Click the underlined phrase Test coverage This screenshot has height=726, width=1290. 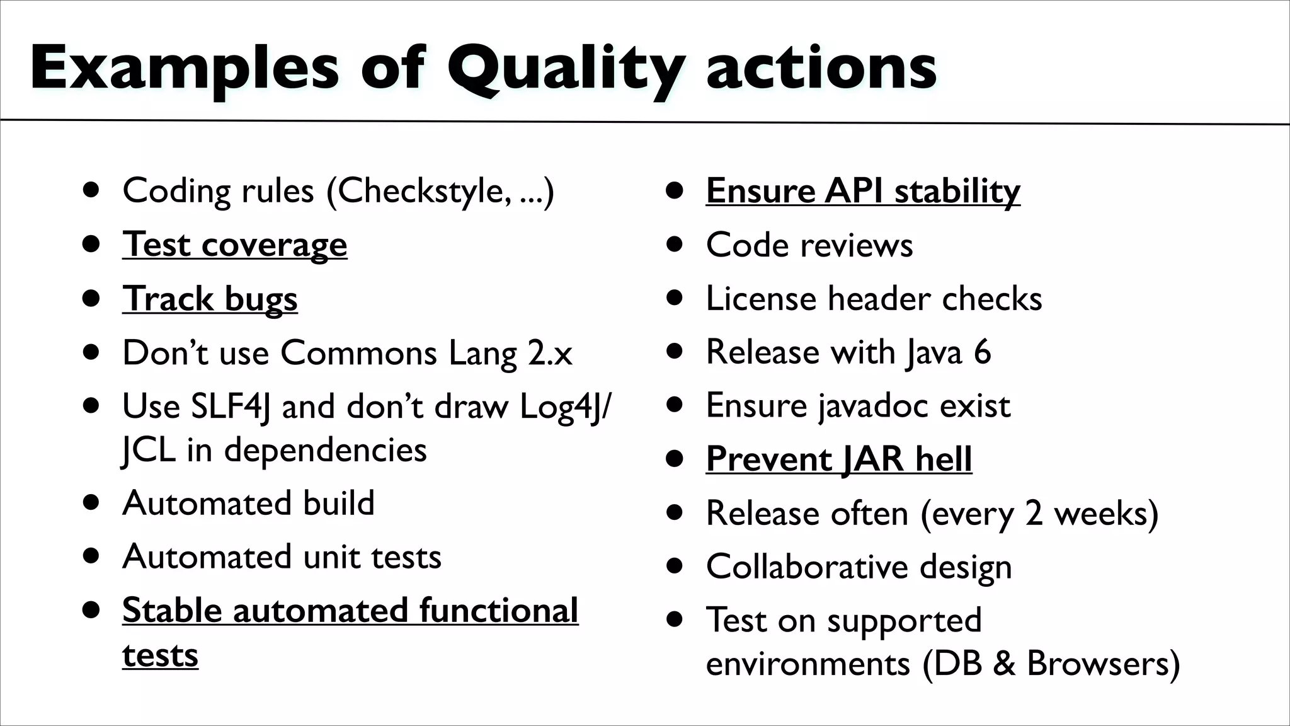pos(234,245)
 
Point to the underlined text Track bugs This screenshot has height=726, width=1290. pos(210,299)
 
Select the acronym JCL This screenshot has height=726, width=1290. pos(149,450)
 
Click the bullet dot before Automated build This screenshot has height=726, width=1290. pos(92,503)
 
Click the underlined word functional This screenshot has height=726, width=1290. pos(498,611)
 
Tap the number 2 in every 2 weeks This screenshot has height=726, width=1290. pos(1034,513)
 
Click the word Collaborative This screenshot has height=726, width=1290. pos(807,567)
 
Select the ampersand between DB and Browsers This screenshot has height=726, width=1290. pos(1004,664)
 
